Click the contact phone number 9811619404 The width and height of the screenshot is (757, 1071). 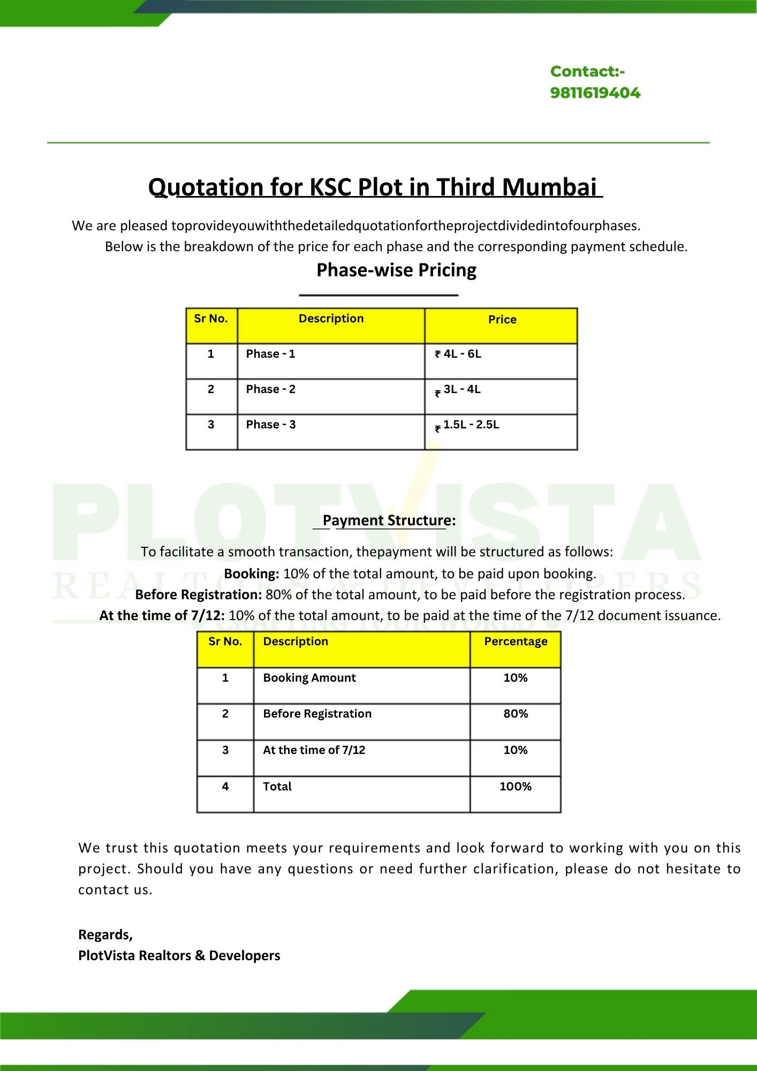pyautogui.click(x=595, y=93)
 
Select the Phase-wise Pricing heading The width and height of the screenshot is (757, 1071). pyautogui.click(x=396, y=270)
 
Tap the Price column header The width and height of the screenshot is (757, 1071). pyautogui.click(x=502, y=320)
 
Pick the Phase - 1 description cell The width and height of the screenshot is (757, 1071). pyautogui.click(x=270, y=354)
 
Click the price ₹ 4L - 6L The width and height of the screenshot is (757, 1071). pyautogui.click(x=458, y=354)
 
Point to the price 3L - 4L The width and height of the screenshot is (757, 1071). pyautogui.click(x=461, y=389)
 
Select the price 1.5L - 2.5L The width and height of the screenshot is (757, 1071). pyautogui.click(x=471, y=425)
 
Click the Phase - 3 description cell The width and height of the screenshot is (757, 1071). pyautogui.click(x=270, y=425)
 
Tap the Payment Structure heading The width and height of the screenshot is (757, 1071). pyautogui.click(x=389, y=521)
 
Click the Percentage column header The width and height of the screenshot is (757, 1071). pyautogui.click(x=516, y=642)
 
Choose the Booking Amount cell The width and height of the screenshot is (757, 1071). pyautogui.click(x=309, y=678)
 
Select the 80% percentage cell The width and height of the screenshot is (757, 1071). pyautogui.click(x=516, y=714)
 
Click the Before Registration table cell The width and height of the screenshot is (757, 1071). pyautogui.click(x=317, y=714)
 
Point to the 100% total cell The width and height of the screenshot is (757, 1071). pyautogui.click(x=516, y=787)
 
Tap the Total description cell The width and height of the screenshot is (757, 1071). pyautogui.click(x=277, y=787)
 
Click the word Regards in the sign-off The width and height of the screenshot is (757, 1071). pyautogui.click(x=105, y=934)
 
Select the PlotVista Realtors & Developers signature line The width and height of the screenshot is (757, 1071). pyautogui.click(x=179, y=955)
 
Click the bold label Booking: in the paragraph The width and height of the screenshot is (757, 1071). pyautogui.click(x=252, y=574)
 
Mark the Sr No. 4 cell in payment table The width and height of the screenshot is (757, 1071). pyautogui.click(x=225, y=787)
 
